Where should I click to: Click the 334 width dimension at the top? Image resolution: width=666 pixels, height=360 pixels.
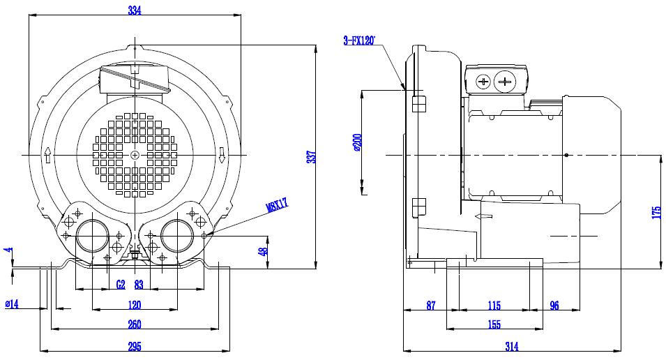point(135,10)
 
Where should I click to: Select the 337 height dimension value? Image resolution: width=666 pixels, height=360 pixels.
point(312,157)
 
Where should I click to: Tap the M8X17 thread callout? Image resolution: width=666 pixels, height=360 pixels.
point(277,205)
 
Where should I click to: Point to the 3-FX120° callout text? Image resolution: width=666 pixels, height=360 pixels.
point(359,40)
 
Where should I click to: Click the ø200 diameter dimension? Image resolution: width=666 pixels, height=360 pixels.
point(357,142)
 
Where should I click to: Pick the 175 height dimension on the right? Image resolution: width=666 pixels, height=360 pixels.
point(656,213)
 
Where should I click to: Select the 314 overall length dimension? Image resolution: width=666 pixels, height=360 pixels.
point(512,347)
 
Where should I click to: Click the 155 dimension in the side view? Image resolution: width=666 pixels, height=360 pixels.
point(494,324)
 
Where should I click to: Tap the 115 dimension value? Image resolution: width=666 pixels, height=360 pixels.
point(494,306)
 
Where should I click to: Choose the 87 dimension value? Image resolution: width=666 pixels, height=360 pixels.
point(431,306)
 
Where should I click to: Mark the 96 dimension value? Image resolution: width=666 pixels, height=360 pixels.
point(554,306)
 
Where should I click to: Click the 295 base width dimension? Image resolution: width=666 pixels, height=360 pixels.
point(134,347)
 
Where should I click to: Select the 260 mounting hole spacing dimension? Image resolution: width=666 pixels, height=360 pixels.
point(134,324)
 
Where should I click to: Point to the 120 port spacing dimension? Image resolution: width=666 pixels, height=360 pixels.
point(134,305)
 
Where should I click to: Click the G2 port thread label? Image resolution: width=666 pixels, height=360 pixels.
point(121,285)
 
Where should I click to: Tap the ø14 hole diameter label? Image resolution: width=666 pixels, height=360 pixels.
point(12,304)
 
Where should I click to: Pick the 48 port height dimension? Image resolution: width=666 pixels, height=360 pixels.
point(264,251)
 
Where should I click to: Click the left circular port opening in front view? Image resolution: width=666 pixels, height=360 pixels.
point(93,236)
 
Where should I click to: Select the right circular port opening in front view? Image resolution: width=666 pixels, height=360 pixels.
point(178,236)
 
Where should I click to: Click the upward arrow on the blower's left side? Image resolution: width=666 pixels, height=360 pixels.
point(47,156)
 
